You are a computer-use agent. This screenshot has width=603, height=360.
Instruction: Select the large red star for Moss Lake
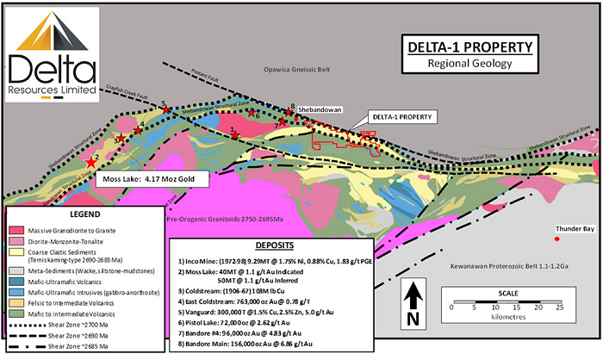point(92,161)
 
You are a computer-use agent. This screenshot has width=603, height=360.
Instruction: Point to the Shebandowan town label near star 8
point(321,109)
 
